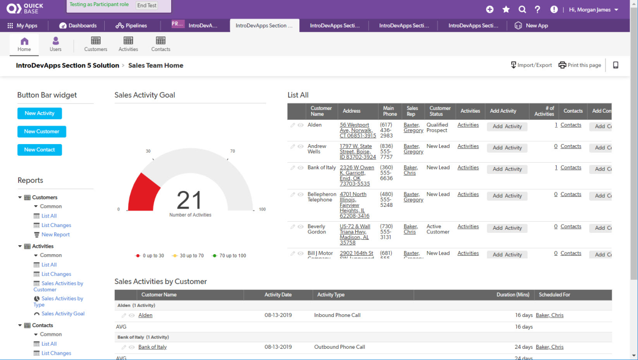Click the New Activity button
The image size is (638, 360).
[39, 113]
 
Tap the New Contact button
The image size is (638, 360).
[39, 150]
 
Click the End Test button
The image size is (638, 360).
[147, 6]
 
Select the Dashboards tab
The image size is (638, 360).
[78, 26]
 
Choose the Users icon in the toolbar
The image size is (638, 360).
[56, 44]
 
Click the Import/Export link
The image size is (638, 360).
[531, 65]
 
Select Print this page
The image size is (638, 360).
[580, 65]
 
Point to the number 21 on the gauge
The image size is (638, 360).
[190, 200]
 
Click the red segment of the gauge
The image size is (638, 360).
[144, 192]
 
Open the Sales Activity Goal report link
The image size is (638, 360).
[63, 314]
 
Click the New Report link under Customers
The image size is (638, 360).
[55, 235]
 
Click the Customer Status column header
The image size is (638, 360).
[440, 111]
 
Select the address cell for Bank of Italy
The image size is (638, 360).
[357, 175]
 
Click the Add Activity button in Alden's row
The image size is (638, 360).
[507, 127]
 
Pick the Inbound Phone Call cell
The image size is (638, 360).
[337, 315]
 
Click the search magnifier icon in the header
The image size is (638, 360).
[522, 10]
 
